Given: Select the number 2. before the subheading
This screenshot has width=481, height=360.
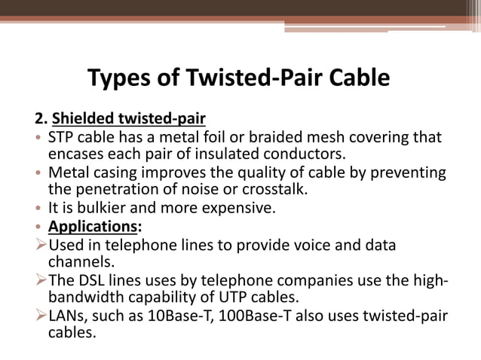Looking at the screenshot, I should click(x=41, y=119).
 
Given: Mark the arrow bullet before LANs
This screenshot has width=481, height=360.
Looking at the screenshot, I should click(x=41, y=314).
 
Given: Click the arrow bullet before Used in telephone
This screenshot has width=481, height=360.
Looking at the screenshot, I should click(x=41, y=245).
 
